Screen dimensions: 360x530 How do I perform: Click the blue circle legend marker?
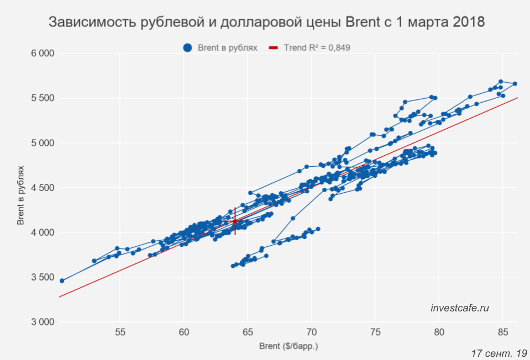188,48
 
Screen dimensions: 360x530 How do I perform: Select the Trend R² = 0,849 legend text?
317,48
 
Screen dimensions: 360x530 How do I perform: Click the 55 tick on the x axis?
120,332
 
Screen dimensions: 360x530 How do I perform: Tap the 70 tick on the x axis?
311,332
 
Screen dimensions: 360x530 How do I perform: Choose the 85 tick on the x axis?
502,332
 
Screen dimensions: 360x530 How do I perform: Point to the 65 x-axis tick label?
248,332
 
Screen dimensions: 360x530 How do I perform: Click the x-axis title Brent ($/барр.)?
288,347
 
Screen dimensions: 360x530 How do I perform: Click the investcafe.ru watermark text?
460,308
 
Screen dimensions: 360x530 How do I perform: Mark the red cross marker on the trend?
235,221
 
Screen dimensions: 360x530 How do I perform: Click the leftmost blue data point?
62,280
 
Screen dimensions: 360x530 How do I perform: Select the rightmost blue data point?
515,84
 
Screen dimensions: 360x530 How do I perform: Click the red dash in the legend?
273,48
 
